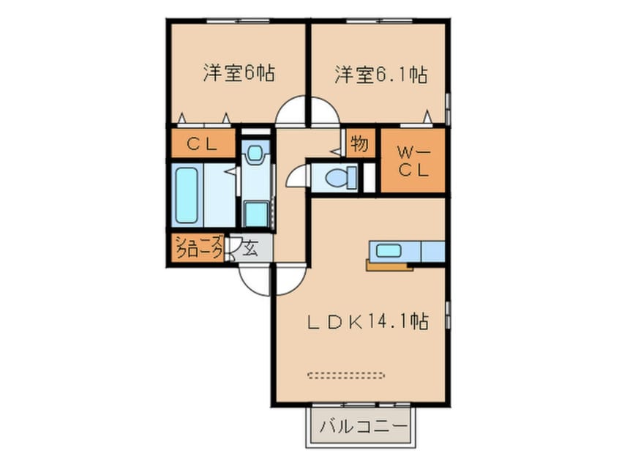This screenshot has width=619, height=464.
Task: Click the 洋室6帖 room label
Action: pyautogui.click(x=239, y=74)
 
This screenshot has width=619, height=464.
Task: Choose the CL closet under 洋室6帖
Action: pyautogui.click(x=203, y=144)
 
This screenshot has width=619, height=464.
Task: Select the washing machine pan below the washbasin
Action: pyautogui.click(x=256, y=214)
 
